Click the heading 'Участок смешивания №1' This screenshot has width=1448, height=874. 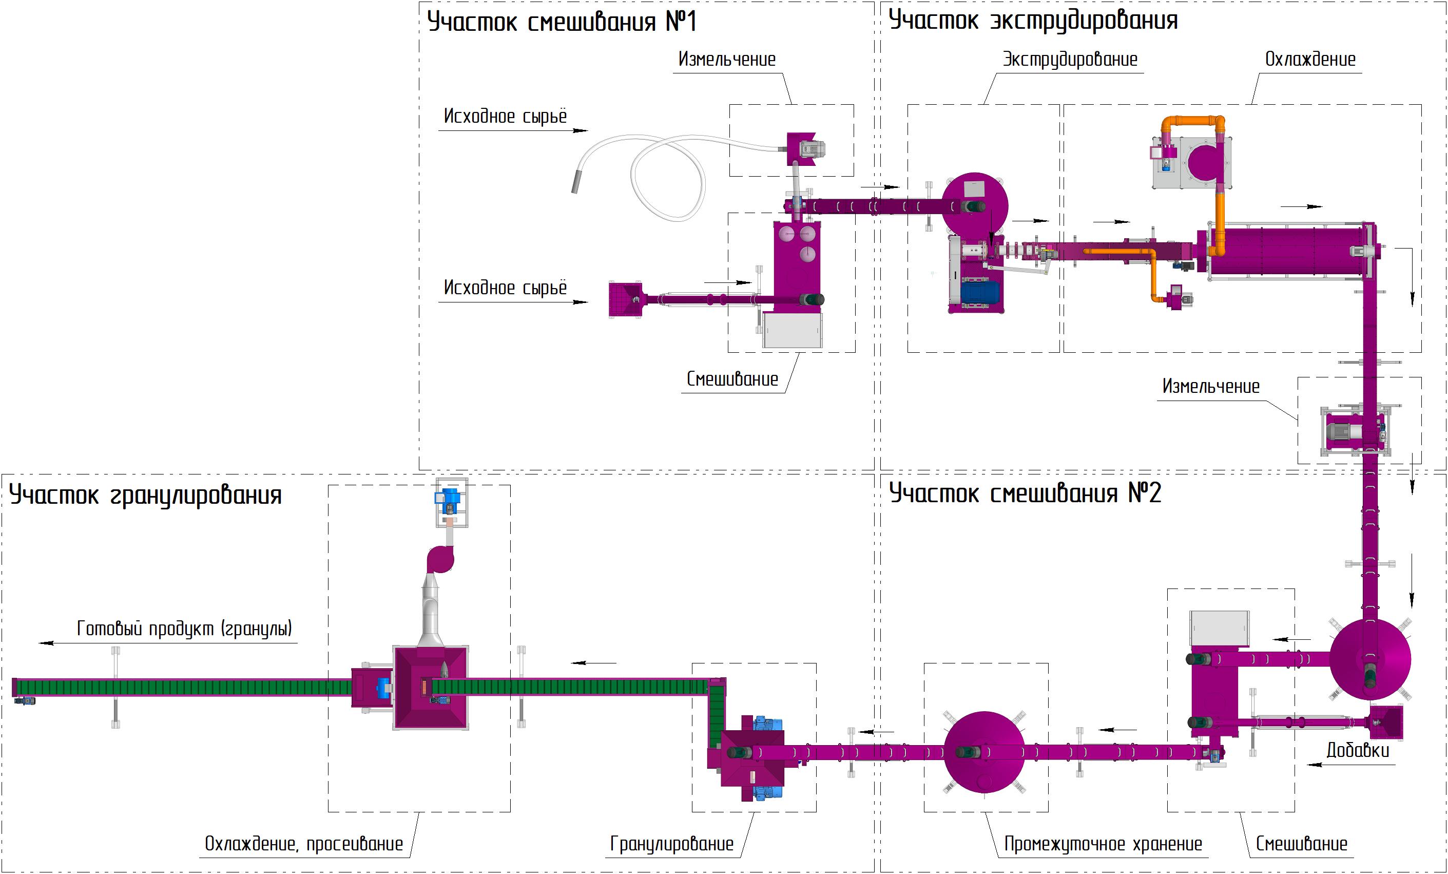561,22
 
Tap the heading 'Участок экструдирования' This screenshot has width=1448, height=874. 1033,21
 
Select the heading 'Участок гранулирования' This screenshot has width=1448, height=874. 145,495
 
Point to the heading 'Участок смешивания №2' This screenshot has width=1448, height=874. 1025,493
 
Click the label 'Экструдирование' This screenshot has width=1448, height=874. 1070,60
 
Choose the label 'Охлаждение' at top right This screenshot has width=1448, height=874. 1310,60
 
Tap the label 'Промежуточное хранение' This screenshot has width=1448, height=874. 1103,844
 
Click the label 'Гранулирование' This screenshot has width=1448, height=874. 672,844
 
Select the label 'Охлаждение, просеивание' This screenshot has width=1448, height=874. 303,844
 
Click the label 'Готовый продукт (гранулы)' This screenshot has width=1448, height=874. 184,629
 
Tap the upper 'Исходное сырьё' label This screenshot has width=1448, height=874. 505,117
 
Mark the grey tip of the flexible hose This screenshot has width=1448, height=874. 576,181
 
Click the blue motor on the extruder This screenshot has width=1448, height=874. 980,292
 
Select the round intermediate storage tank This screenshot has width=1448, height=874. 984,752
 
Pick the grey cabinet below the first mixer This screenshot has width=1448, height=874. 792,330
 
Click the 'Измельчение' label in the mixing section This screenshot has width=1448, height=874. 726,60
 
